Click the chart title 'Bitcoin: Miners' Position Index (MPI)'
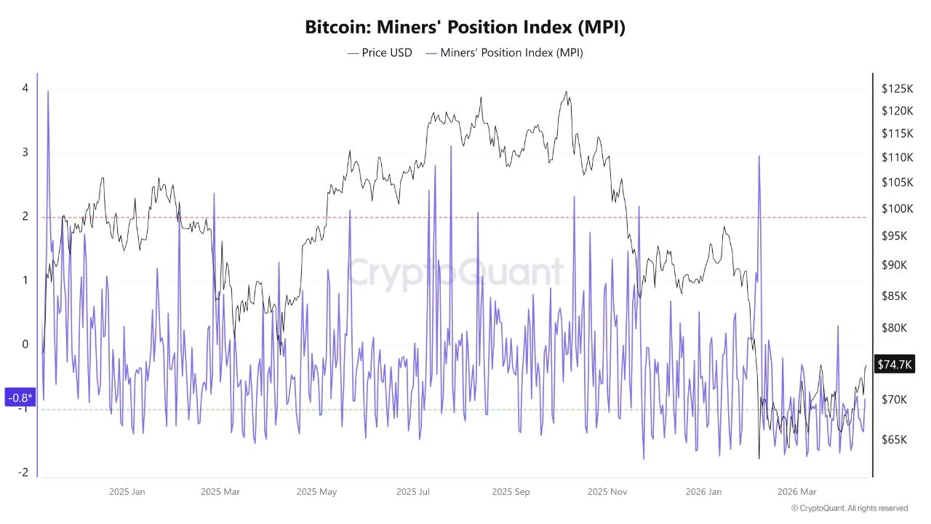click(x=465, y=28)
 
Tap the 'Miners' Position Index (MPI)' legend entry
click(x=504, y=52)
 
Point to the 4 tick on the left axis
click(x=25, y=88)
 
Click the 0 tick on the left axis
click(x=25, y=344)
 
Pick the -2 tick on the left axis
click(x=24, y=472)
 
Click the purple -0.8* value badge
click(x=20, y=397)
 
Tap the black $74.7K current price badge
click(x=895, y=365)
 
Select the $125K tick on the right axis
click(x=897, y=89)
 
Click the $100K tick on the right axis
click(x=897, y=209)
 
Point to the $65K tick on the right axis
click(x=895, y=440)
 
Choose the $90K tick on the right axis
click(x=895, y=265)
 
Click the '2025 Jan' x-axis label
click(x=127, y=492)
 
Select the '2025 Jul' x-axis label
click(x=413, y=492)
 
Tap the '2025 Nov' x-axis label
click(x=608, y=492)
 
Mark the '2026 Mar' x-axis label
click(x=797, y=492)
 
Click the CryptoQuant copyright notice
click(x=849, y=508)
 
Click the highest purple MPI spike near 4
click(x=48, y=92)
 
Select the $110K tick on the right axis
click(x=897, y=157)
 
